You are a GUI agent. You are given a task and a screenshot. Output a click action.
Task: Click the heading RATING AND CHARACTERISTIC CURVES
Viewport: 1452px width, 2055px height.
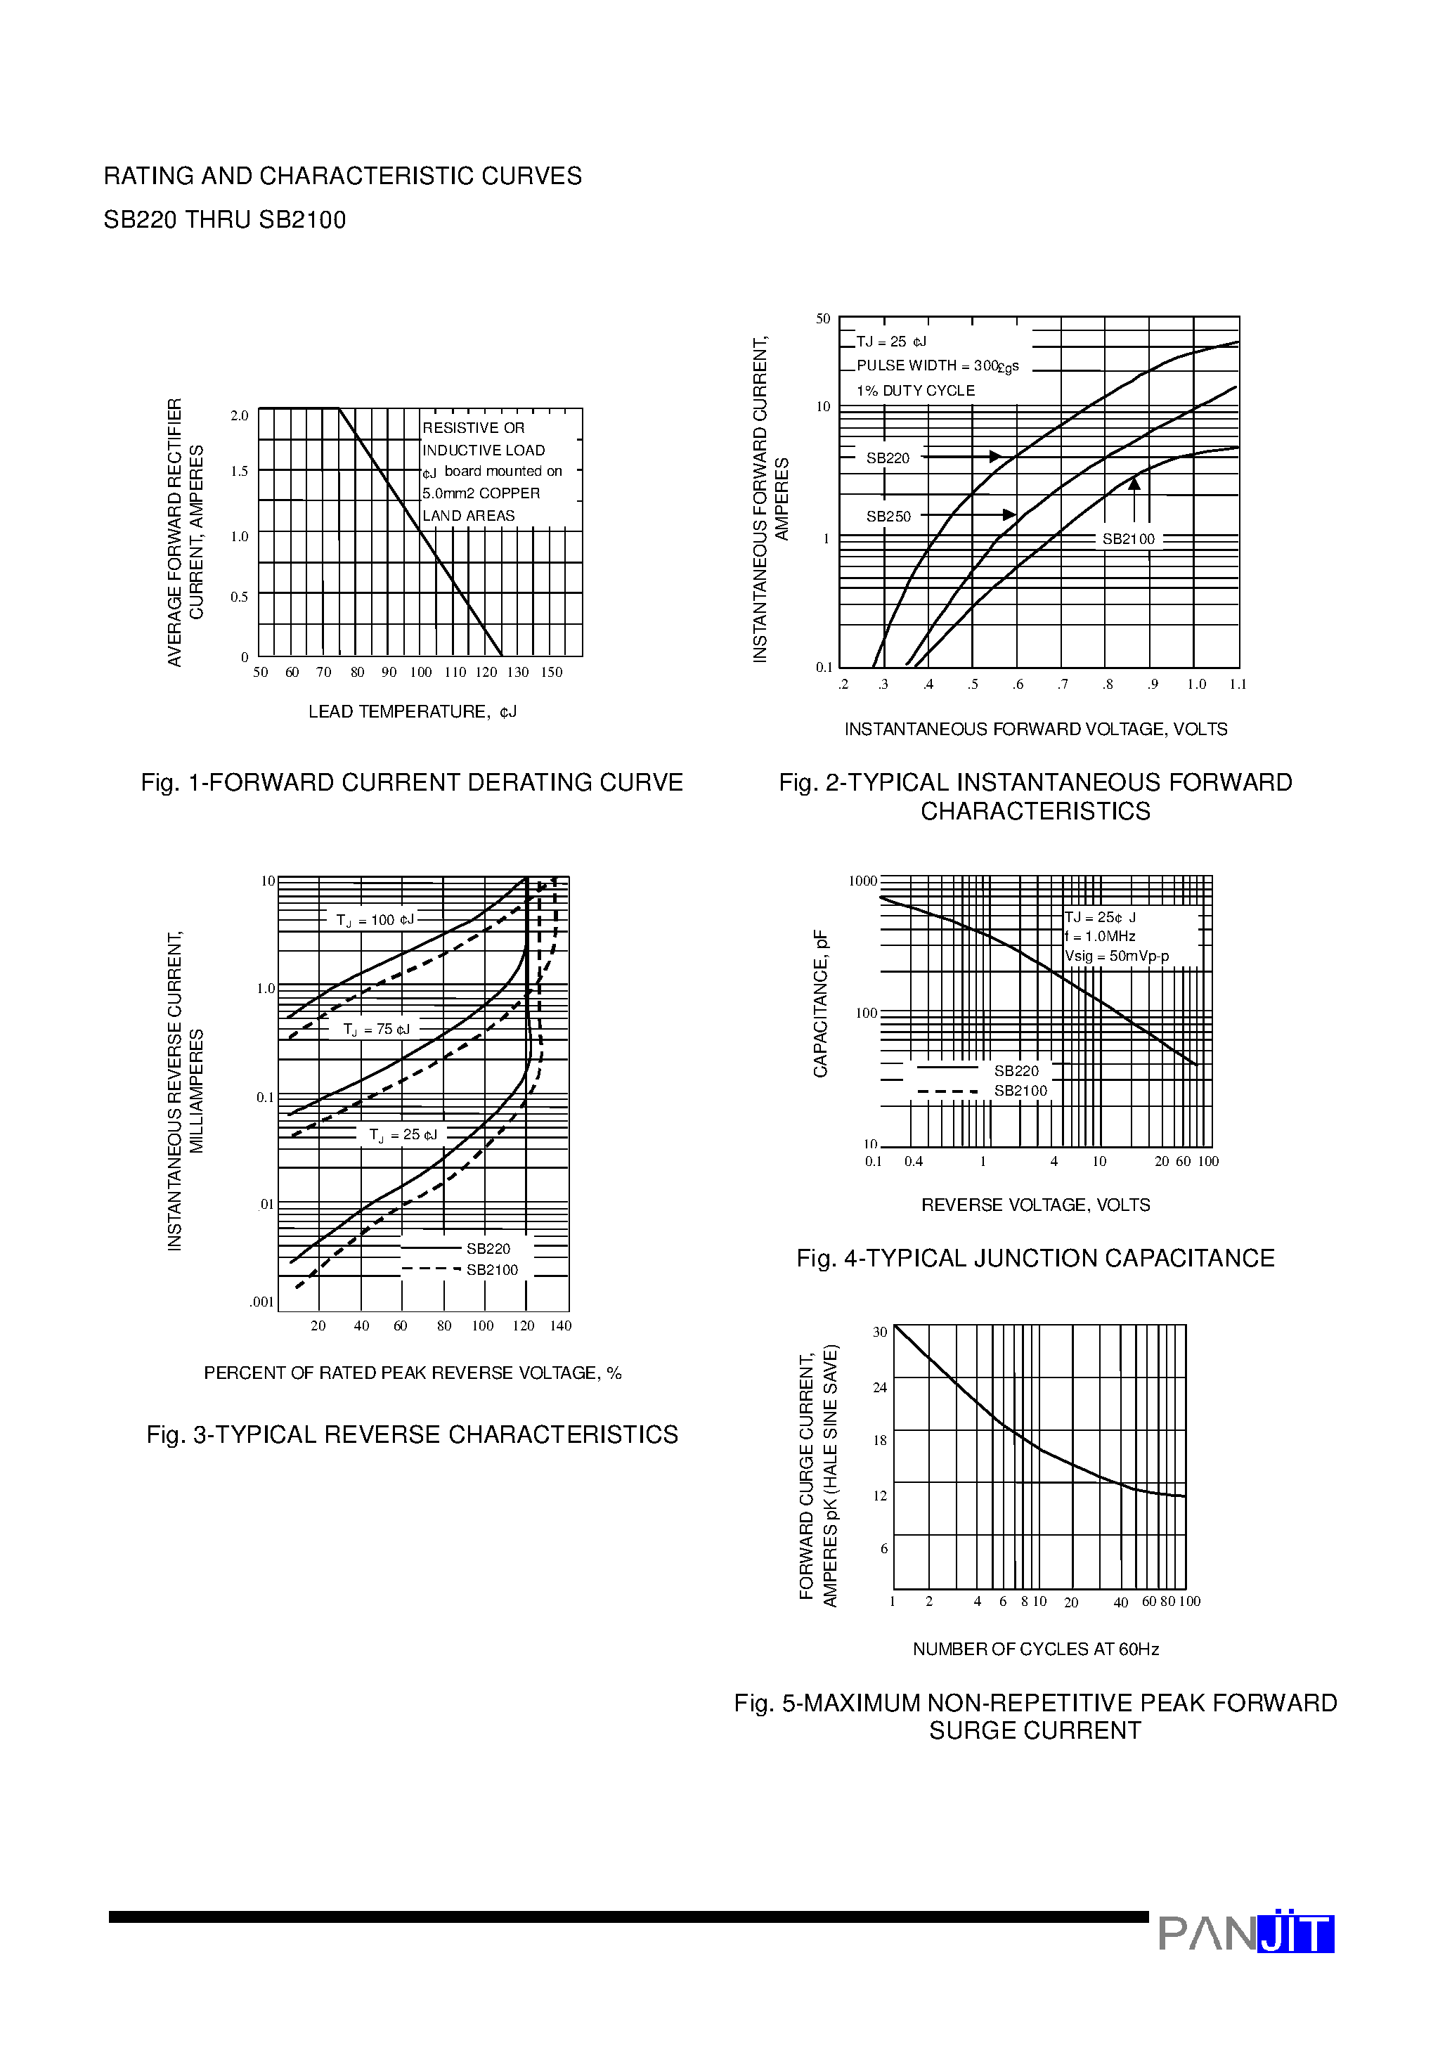(x=342, y=176)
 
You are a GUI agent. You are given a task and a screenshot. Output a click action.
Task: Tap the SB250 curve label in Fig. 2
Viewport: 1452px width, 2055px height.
(x=888, y=517)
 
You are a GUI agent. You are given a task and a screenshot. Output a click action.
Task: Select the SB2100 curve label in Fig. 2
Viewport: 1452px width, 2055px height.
(x=1128, y=539)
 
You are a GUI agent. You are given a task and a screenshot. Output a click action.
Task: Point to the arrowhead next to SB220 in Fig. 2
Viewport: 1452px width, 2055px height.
(x=994, y=456)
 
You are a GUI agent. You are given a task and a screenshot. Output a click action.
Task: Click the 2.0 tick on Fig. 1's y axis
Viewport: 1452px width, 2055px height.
(x=239, y=416)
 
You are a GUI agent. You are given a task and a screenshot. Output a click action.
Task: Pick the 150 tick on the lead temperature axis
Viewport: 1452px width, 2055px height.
(x=552, y=672)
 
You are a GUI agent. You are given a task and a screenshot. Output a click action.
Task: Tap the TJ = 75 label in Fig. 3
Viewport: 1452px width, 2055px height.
(x=376, y=1030)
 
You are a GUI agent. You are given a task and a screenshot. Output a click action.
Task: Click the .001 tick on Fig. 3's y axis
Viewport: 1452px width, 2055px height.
(x=261, y=1302)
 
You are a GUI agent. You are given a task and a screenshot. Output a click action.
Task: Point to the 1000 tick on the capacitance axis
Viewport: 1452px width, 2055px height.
(x=862, y=881)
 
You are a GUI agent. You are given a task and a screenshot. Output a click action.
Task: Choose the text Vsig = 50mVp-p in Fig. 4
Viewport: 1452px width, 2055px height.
(x=1116, y=956)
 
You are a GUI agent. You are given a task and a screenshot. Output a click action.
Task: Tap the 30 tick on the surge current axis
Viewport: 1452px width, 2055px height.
(x=879, y=1333)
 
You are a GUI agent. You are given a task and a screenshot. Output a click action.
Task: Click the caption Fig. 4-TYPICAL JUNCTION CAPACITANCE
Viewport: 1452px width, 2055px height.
(x=1035, y=1259)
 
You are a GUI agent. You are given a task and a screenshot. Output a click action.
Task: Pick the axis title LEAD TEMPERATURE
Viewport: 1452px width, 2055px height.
(x=412, y=711)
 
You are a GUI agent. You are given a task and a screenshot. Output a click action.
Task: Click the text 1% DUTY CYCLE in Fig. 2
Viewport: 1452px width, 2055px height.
(x=915, y=391)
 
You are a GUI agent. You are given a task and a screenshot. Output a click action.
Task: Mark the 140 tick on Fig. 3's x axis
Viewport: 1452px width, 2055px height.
(x=560, y=1325)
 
